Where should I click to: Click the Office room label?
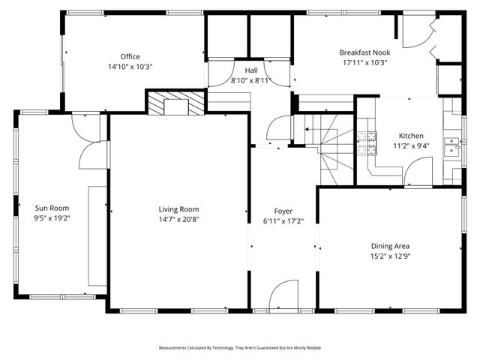[130, 56]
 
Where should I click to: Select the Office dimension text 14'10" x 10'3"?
[130, 66]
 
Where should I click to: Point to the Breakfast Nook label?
[364, 52]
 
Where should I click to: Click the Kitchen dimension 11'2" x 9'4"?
[411, 146]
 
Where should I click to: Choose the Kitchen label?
[411, 136]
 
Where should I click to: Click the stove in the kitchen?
[367, 142]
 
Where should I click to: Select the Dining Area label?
[390, 246]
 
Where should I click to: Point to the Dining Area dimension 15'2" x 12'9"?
[390, 256]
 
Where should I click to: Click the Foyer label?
[283, 211]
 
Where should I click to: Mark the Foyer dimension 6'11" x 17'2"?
[283, 220]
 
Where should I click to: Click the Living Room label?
[178, 209]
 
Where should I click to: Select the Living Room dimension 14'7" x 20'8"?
[178, 219]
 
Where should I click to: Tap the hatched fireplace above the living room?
[175, 103]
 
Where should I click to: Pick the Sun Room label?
[52, 208]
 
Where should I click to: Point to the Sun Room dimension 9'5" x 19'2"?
[52, 218]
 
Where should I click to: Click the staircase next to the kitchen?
[330, 146]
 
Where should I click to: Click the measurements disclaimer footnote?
[239, 348]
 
